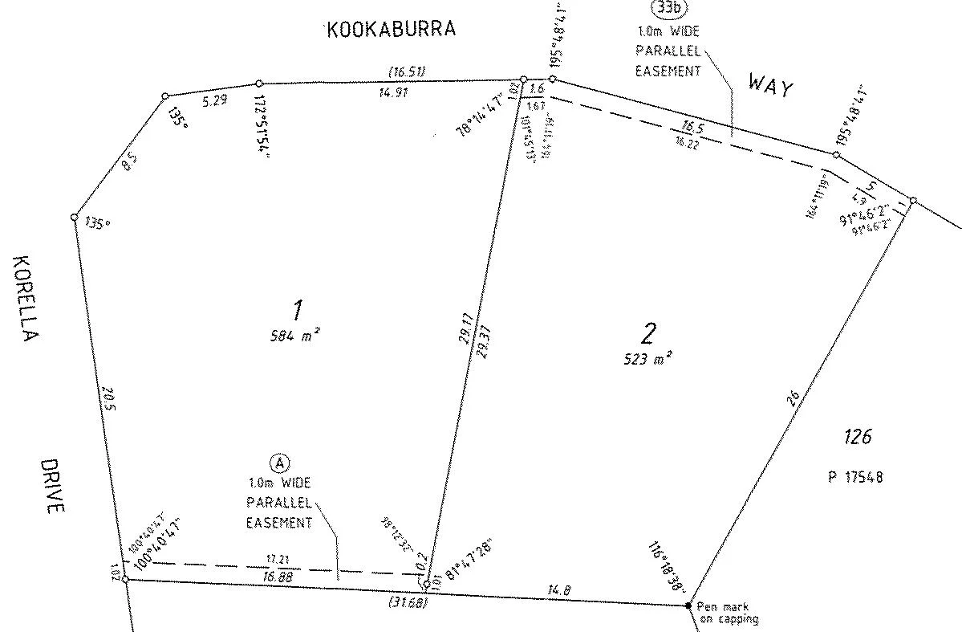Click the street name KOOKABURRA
(391, 30)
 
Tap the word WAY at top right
(770, 84)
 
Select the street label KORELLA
(25, 299)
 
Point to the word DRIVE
(51, 486)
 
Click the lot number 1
(298, 308)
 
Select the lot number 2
(648, 331)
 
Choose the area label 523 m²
(646, 359)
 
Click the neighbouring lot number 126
(857, 438)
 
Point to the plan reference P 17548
(856, 476)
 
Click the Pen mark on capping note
(726, 613)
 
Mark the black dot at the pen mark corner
(688, 605)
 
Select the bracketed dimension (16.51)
(405, 71)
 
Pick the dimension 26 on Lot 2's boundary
(794, 399)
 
